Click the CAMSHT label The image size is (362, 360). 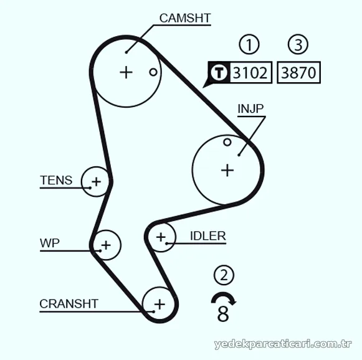click(185, 18)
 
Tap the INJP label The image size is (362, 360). click(250, 108)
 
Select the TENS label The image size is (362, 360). click(56, 180)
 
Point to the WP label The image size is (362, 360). click(50, 243)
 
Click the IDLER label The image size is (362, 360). click(207, 236)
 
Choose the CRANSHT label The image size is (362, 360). click(69, 304)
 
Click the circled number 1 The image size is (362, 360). click(249, 44)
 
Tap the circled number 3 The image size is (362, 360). click(298, 44)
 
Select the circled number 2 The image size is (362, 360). click(224, 275)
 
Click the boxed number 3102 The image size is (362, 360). click(250, 72)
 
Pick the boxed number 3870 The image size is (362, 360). click(298, 72)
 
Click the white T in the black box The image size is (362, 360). click(219, 72)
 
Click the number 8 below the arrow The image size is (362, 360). click(223, 313)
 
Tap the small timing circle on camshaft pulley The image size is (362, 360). click(153, 72)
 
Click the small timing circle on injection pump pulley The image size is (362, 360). click(227, 142)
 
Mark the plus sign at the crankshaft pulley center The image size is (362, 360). click(160, 305)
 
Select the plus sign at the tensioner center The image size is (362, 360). click(97, 182)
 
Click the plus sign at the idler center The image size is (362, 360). click(161, 237)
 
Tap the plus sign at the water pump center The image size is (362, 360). click(106, 245)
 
